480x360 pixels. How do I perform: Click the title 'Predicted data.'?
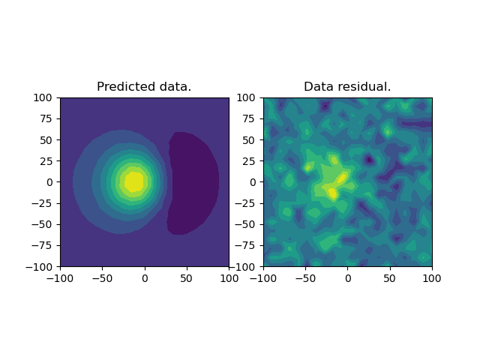click(x=144, y=87)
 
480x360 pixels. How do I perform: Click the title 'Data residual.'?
click(x=347, y=87)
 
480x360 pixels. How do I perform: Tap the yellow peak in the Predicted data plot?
click(x=133, y=181)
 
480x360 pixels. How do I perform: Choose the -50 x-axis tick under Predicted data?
click(x=102, y=278)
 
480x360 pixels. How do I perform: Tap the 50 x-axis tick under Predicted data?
click(x=187, y=278)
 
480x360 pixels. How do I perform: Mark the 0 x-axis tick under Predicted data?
click(x=145, y=278)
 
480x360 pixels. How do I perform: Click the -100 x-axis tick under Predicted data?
click(x=60, y=278)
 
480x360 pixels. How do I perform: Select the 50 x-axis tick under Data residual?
click(x=389, y=278)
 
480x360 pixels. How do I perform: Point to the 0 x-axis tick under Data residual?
click(x=347, y=278)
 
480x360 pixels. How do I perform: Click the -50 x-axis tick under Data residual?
click(x=305, y=278)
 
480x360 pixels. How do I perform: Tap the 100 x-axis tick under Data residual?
click(x=432, y=278)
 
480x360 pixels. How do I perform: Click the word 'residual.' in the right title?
click(x=364, y=87)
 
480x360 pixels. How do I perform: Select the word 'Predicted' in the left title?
click(x=125, y=87)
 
